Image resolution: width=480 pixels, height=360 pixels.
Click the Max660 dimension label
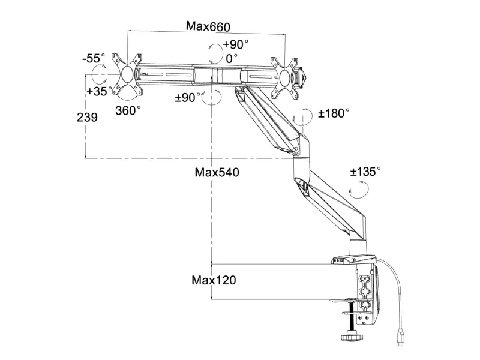(208, 26)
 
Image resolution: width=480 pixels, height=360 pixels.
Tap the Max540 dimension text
(217, 172)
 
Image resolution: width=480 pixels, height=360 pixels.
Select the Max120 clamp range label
(214, 280)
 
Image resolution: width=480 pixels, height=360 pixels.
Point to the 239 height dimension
(88, 118)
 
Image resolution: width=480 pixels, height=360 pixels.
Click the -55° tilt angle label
(94, 59)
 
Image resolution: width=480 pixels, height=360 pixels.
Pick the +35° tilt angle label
(98, 92)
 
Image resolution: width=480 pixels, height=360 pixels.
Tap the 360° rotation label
(128, 110)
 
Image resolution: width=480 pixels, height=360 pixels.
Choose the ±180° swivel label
(334, 113)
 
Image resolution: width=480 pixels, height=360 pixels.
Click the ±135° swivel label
(366, 172)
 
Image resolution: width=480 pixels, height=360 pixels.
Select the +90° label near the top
(236, 44)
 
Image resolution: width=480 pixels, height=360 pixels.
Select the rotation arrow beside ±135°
(358, 191)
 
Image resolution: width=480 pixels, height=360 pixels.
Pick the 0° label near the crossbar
(232, 58)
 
